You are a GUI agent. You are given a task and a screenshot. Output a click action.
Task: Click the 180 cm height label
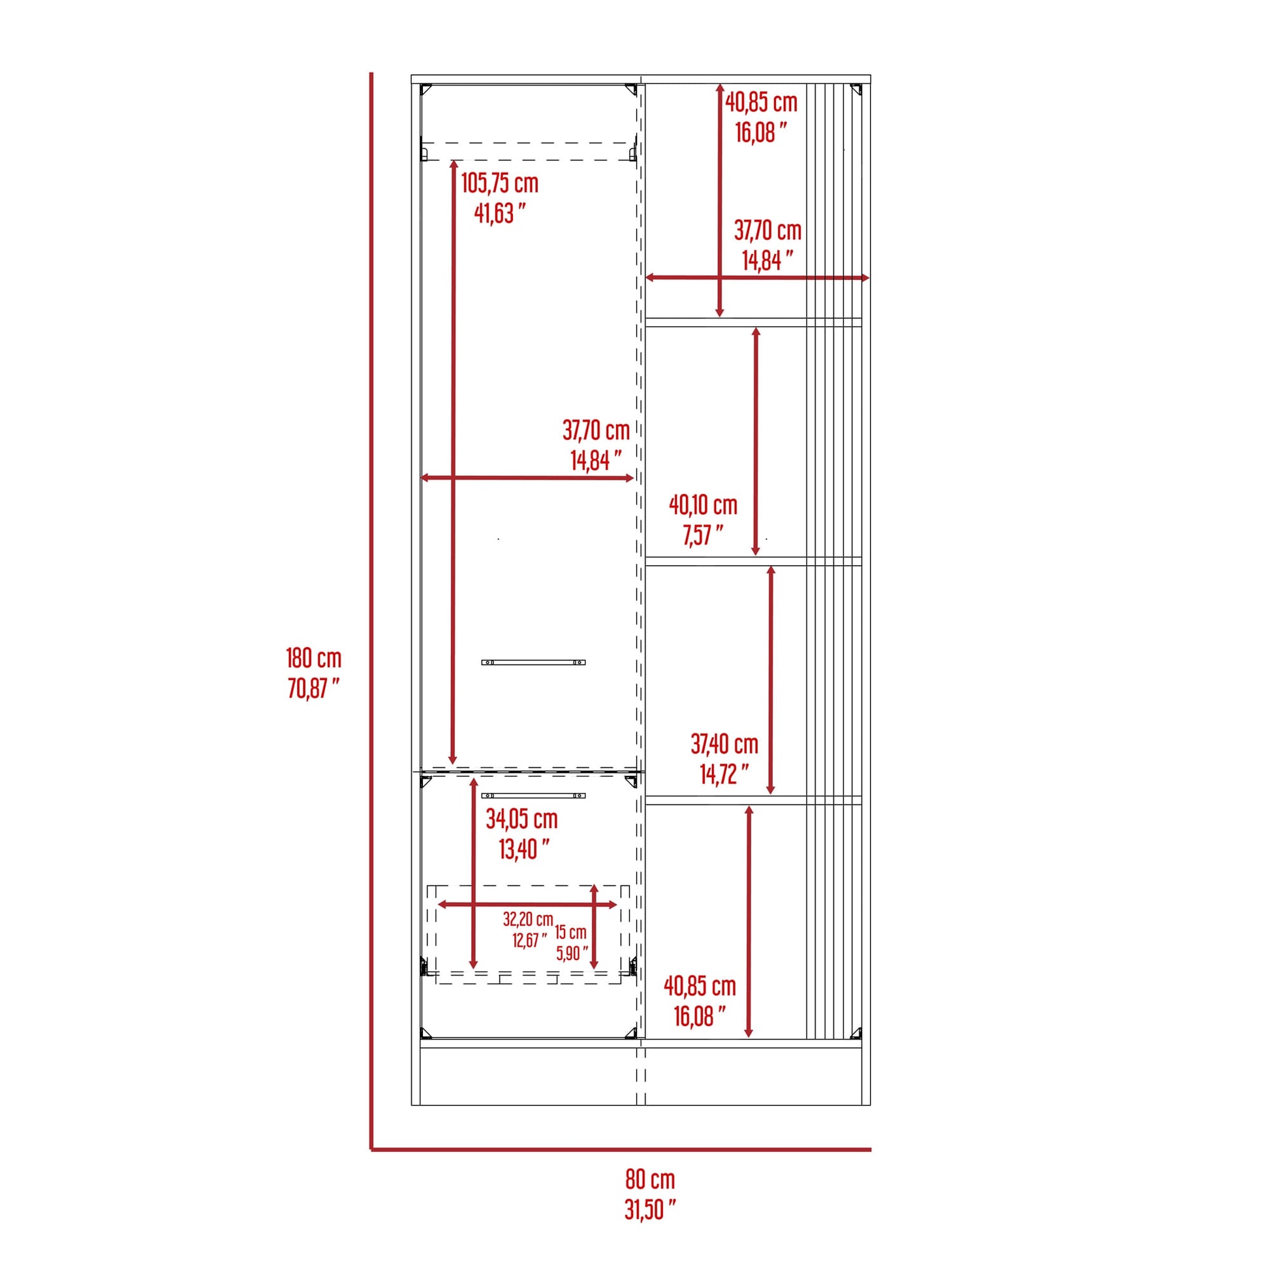(x=313, y=658)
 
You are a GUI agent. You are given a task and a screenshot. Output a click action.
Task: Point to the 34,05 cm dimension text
(x=521, y=819)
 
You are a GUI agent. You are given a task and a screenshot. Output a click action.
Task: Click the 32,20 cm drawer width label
(x=528, y=919)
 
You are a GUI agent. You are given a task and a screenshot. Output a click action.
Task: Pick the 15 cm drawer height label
(x=570, y=931)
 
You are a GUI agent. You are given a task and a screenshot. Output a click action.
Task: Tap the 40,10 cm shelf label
(x=703, y=506)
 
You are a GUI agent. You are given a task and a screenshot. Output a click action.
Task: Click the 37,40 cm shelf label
(x=724, y=744)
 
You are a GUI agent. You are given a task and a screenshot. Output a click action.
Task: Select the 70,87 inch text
(x=313, y=689)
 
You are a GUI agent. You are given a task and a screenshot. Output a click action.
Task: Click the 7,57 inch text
(x=703, y=536)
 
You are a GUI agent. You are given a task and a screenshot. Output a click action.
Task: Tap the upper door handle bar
(x=533, y=662)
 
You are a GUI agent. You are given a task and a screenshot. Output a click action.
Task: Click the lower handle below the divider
(x=533, y=796)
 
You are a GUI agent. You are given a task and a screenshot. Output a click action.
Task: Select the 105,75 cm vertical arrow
(x=453, y=460)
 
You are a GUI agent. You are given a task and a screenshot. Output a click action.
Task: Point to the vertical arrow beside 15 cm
(x=595, y=927)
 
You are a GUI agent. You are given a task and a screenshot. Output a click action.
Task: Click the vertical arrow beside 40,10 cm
(x=756, y=441)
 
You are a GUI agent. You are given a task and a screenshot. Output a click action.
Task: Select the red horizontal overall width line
(x=621, y=1150)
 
